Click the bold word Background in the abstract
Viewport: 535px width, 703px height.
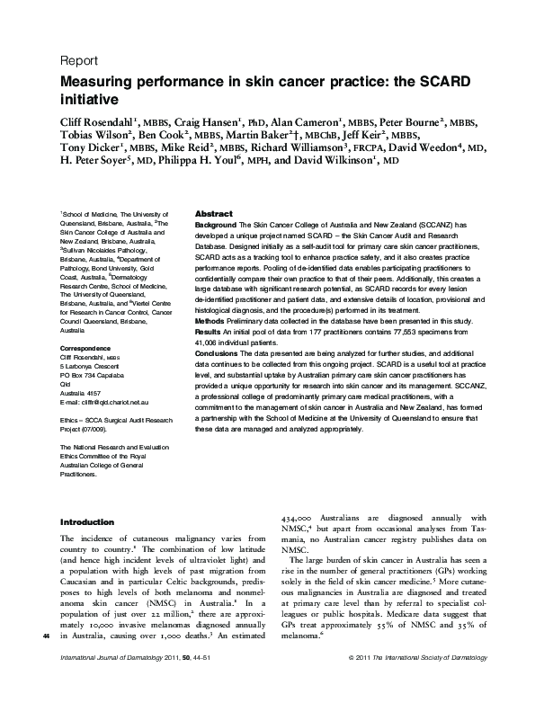217,222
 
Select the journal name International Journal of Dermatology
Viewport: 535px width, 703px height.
99,684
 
